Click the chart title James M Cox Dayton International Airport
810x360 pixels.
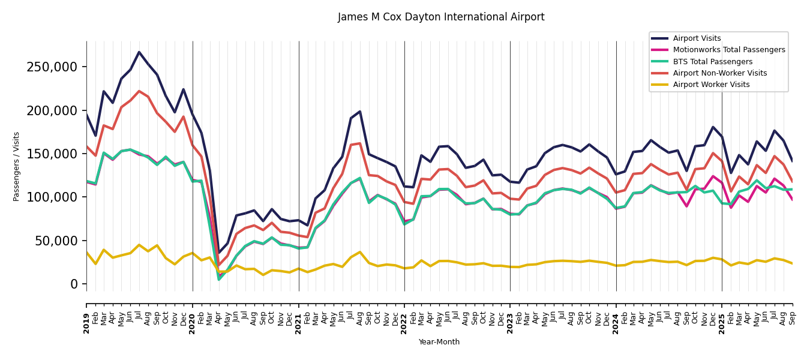coord(441,17)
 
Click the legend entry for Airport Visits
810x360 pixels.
coord(697,38)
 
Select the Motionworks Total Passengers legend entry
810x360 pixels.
coord(728,50)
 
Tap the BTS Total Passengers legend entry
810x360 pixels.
coord(712,62)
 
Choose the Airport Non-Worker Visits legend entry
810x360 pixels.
coord(719,73)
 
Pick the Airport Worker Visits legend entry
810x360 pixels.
coord(711,85)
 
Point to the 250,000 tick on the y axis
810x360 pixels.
coord(52,67)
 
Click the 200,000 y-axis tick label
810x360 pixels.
coord(52,110)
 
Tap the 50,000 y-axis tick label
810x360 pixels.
coord(55,241)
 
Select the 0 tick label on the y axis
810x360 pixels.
coord(74,284)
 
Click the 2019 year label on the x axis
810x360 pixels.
coord(86,323)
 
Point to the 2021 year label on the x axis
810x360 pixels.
coord(299,323)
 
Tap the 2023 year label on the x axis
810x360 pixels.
coord(510,323)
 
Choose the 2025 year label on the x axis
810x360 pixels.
coord(722,323)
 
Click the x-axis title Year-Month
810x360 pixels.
coord(439,342)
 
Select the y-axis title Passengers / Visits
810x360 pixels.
coord(17,166)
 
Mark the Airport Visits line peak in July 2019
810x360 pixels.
coord(139,52)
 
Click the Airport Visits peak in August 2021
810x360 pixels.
coord(360,111)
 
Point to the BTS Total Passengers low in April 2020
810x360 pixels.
coord(219,279)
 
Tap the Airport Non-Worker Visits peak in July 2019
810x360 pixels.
coord(139,91)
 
